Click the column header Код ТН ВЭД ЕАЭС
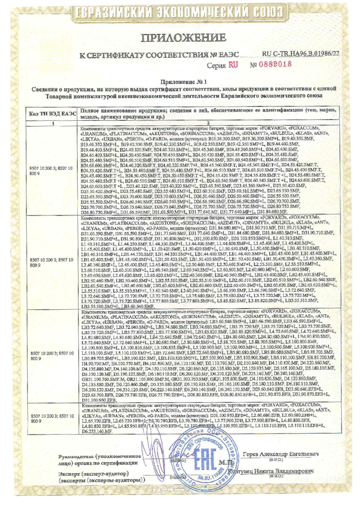[x=53, y=113]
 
